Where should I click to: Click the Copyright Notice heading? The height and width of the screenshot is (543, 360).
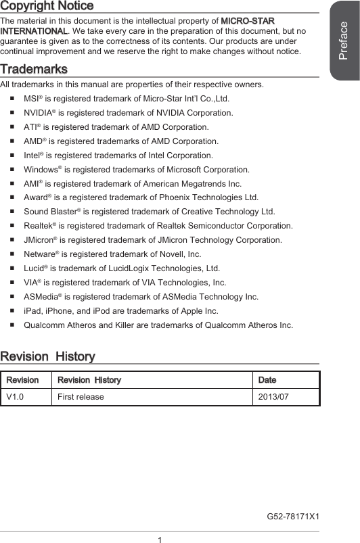[x=47, y=6]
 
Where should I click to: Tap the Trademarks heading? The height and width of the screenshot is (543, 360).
[x=34, y=70]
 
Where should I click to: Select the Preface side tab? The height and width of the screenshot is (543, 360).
[x=344, y=41]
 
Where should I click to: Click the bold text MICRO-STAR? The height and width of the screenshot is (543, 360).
[x=248, y=22]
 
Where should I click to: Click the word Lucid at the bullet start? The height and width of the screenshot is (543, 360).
[x=35, y=268]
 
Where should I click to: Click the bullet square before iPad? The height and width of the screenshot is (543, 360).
[x=14, y=311]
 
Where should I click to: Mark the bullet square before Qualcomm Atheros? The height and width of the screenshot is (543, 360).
[x=14, y=325]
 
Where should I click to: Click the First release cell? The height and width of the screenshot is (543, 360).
[x=81, y=396]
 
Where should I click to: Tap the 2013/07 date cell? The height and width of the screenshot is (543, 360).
[x=273, y=396]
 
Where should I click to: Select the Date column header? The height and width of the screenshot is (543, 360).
[x=267, y=380]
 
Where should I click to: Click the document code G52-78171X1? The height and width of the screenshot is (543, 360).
[x=293, y=517]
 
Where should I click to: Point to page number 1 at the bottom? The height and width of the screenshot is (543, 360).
[x=160, y=539]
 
